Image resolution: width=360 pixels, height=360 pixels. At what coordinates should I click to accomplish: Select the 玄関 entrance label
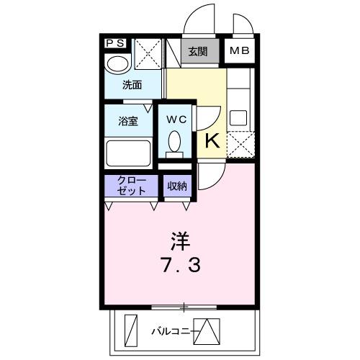[x=198, y=51]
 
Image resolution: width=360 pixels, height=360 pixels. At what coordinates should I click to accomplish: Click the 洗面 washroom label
[x=131, y=85]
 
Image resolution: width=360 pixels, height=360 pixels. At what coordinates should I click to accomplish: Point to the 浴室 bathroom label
[x=129, y=122]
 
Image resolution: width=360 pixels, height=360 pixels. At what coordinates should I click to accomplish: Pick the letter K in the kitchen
[x=212, y=140]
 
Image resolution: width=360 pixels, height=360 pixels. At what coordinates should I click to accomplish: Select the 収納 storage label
[x=177, y=186]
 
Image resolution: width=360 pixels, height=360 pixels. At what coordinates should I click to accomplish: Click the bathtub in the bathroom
[x=128, y=153]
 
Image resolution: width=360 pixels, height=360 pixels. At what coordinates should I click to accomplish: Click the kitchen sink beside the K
[x=238, y=117]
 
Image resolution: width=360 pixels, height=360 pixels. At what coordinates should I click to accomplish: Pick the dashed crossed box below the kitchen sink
[x=239, y=144]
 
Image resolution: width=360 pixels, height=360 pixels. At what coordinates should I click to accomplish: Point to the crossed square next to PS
[x=148, y=54]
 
